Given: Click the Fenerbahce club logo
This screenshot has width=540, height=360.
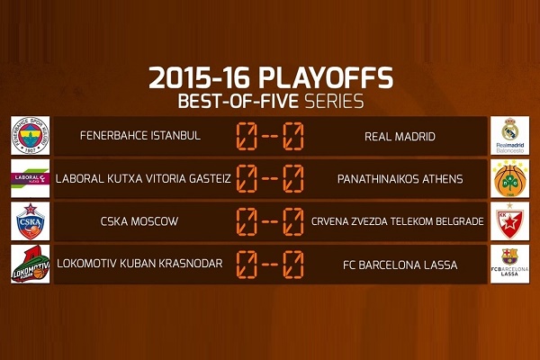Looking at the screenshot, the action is (31, 135).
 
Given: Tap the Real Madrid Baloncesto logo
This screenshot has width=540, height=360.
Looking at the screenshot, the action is (509, 135).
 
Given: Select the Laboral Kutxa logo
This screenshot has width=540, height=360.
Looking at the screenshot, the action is (31, 178).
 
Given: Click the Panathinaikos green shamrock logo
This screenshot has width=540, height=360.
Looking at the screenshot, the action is (509, 178).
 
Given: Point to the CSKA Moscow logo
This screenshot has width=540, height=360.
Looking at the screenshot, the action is (31, 220).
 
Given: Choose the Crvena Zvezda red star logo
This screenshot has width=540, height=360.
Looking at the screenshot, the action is (509, 220).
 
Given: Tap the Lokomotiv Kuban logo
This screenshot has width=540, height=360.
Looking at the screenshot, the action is (31, 264).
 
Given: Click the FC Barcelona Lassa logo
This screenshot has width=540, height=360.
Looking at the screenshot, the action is (509, 264).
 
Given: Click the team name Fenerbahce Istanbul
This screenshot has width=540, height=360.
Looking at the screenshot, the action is (140, 135).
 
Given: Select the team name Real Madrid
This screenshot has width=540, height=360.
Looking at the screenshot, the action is (400, 137).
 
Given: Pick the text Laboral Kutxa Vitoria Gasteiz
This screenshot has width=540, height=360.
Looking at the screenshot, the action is (143, 179).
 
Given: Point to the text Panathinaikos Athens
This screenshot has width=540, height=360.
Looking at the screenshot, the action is (400, 179).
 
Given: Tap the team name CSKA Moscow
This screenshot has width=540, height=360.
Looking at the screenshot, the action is (139, 221).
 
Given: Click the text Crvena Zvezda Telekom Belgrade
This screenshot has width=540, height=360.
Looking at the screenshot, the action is (398, 221).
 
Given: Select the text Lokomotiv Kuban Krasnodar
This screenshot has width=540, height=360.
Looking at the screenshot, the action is (139, 264).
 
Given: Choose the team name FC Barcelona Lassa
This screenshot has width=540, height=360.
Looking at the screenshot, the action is (400, 265).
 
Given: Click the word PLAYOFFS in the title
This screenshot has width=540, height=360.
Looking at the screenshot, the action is (326, 78).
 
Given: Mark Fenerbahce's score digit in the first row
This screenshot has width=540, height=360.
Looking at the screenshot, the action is (247, 136).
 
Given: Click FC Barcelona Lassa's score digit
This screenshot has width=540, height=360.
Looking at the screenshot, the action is (293, 265).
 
